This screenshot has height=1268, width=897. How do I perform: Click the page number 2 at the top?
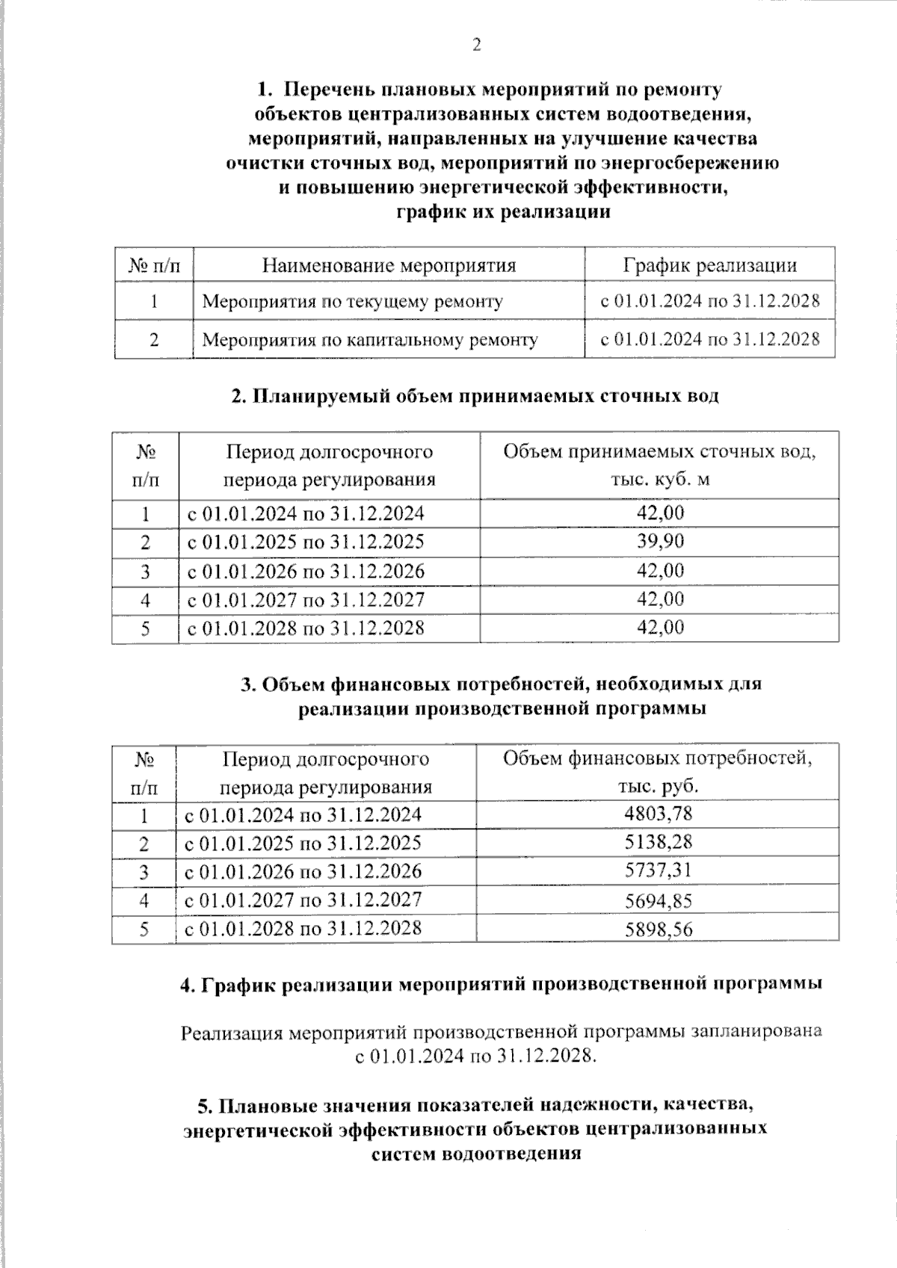(476, 45)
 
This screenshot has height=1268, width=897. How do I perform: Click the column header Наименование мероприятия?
(389, 265)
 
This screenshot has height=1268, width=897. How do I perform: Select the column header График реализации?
(709, 265)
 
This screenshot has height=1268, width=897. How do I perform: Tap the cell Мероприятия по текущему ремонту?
(352, 302)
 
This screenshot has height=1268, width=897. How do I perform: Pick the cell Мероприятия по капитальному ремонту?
(370, 340)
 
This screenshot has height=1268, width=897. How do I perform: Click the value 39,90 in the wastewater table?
(659, 541)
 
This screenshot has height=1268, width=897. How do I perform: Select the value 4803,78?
(658, 813)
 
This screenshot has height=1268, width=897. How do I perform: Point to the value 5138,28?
(658, 842)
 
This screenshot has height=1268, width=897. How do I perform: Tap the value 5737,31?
(658, 870)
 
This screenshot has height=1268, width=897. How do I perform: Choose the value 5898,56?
(658, 930)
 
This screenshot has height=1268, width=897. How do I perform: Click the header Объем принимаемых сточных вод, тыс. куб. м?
(659, 465)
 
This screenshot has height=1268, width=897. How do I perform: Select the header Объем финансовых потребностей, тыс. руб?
(657, 773)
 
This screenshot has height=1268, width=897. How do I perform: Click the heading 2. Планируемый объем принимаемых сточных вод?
(475, 396)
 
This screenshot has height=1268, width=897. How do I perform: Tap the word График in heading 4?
(240, 984)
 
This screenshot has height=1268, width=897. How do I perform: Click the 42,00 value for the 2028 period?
(659, 627)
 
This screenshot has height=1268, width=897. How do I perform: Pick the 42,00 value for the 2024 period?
(659, 513)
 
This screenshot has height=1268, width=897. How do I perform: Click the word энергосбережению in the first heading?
(698, 163)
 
